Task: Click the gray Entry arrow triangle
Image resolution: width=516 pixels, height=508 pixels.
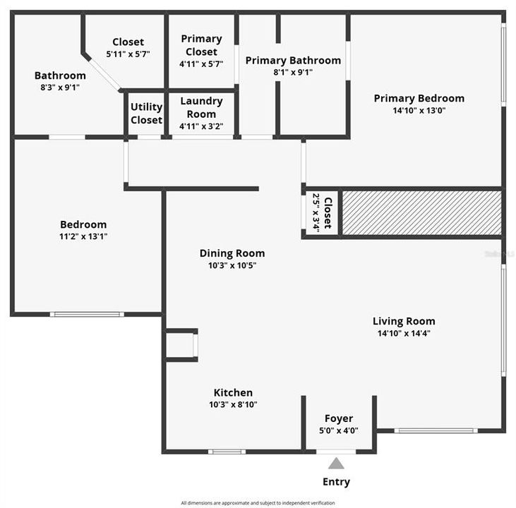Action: [x=336, y=464]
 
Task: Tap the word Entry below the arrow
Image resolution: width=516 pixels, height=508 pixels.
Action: [x=336, y=482]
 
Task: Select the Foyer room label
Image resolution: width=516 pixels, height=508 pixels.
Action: [x=339, y=418]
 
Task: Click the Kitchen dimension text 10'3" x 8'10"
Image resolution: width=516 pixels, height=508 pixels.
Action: [x=233, y=404]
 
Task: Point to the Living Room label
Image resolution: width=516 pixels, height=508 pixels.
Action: [x=404, y=321]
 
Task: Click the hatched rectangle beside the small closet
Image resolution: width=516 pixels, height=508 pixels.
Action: [x=422, y=213]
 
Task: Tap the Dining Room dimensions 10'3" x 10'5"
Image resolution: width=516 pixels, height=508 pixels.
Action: [x=232, y=265]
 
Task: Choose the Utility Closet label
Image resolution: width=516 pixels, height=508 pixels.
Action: [x=146, y=113]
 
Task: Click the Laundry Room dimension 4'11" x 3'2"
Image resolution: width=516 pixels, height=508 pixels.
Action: [x=201, y=126]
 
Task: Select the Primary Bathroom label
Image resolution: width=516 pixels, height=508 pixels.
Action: [x=293, y=60]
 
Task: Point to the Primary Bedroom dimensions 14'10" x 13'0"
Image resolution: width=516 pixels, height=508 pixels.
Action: [x=419, y=110]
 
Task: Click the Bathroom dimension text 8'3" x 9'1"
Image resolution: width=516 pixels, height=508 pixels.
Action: [x=60, y=87]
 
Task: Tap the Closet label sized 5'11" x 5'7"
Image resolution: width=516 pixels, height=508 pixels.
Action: [x=128, y=42]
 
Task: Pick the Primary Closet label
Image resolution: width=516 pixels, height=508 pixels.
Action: [x=201, y=45]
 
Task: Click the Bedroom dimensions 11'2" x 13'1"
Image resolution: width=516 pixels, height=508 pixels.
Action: [x=83, y=236]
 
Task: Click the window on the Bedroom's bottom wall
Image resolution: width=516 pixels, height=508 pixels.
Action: [x=87, y=314]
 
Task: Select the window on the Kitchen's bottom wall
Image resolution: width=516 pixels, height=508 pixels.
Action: [x=227, y=452]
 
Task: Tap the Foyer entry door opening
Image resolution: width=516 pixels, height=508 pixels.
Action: [x=336, y=452]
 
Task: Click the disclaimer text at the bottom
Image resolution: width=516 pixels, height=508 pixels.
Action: [x=258, y=503]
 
